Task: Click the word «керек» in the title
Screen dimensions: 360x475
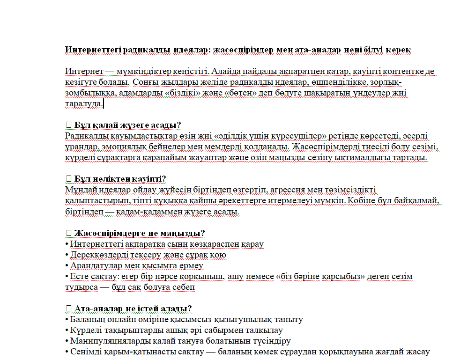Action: (x=399, y=50)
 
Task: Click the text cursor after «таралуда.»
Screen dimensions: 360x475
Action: (x=104, y=104)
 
